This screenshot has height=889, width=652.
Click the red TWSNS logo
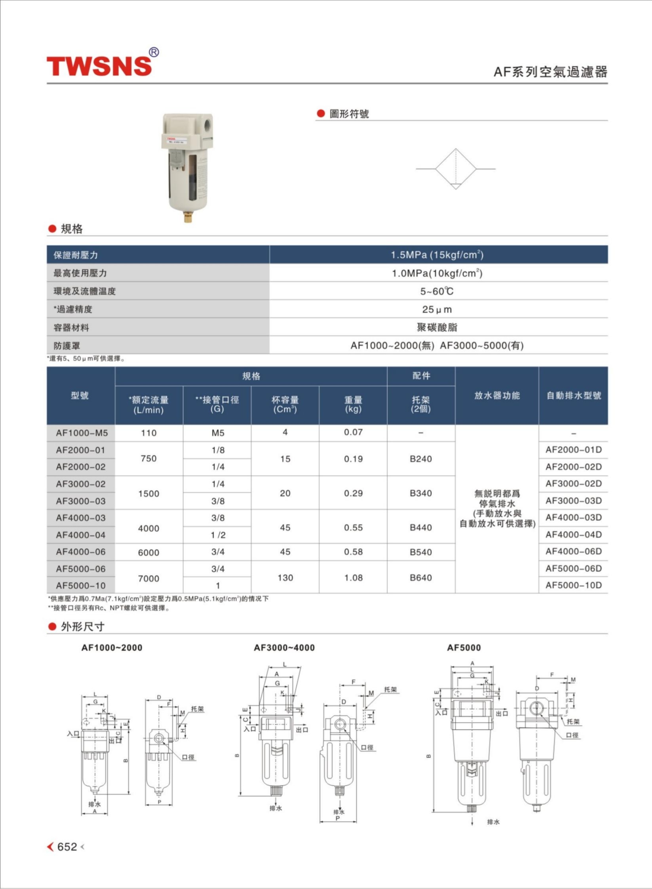99,65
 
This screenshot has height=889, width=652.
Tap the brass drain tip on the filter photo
188,217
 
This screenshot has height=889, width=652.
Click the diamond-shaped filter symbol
456,169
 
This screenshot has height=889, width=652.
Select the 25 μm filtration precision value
437,309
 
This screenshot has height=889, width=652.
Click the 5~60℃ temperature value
437,291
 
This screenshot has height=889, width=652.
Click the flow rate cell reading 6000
149,552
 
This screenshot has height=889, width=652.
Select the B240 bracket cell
421,459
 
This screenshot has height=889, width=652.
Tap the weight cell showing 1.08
353,577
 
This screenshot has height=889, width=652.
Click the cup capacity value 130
285,577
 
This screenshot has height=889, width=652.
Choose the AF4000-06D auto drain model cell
573,551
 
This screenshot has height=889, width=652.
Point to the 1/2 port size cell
218,535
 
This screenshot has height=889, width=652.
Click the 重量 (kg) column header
353,404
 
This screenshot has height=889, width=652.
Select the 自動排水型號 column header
574,396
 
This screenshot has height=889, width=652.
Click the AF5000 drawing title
464,648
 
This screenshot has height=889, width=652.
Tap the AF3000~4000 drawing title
284,648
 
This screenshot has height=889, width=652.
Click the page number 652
67,847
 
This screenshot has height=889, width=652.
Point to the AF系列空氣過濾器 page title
550,72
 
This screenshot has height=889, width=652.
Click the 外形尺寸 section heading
82,627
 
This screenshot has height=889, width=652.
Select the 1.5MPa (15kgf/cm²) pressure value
437,255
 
